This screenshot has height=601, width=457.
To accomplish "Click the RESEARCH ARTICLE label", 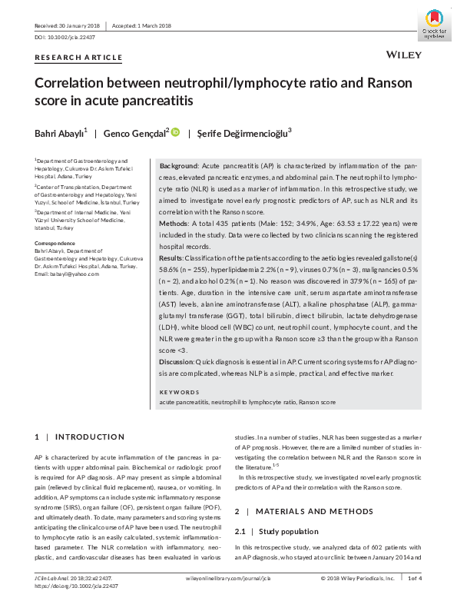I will (x=78, y=58).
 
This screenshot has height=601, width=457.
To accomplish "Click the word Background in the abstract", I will (x=178, y=166).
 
